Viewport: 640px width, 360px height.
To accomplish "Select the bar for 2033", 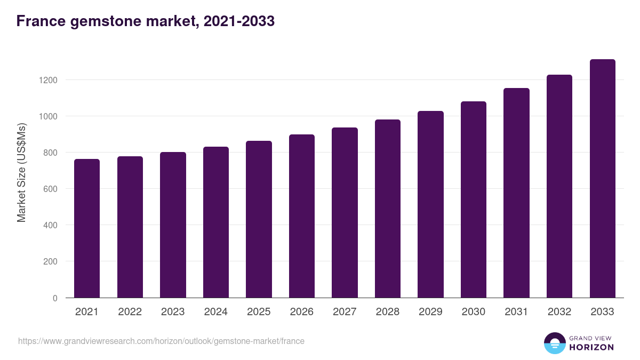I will pyautogui.click(x=602, y=179).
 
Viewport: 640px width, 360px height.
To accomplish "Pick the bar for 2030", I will pyautogui.click(x=474, y=199).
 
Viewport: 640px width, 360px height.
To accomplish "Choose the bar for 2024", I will pyautogui.click(x=216, y=222).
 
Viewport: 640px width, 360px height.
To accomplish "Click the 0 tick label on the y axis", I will pyautogui.click(x=54, y=298).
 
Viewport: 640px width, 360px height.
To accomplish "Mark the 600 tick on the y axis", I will pyautogui.click(x=50, y=189).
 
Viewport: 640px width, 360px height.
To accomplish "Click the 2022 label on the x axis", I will pyautogui.click(x=130, y=312).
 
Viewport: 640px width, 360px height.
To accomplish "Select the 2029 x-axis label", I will pyautogui.click(x=430, y=312).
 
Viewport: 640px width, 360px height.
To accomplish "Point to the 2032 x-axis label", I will pyautogui.click(x=559, y=312).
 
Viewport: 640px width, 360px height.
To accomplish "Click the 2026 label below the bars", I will pyautogui.click(x=301, y=312).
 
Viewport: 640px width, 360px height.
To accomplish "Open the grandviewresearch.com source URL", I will pyautogui.click(x=161, y=341).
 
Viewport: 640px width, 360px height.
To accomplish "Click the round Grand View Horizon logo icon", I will pyautogui.click(x=554, y=343).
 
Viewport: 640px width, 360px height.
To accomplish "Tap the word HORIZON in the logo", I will pyautogui.click(x=591, y=347).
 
